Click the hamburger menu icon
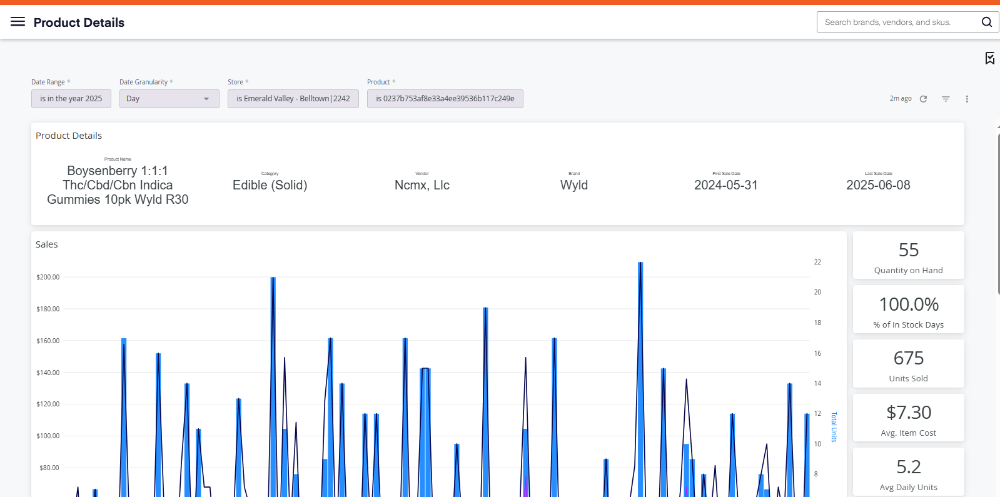[x=18, y=21]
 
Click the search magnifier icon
[x=986, y=22]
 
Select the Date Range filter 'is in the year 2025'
[x=71, y=99]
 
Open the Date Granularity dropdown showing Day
[x=169, y=99]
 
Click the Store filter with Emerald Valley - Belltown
[x=293, y=99]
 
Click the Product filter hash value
[x=445, y=99]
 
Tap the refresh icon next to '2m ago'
[x=923, y=99]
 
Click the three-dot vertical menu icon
[x=967, y=99]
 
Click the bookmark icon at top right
[x=990, y=58]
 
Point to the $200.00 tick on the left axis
[x=48, y=277]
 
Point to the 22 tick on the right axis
[x=817, y=262]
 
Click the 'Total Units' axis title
[x=834, y=427]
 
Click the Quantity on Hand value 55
[x=909, y=250]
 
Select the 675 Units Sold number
[x=909, y=358]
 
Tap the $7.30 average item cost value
[x=909, y=412]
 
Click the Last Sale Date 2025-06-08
[x=878, y=185]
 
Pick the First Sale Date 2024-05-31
[x=726, y=185]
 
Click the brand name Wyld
[x=574, y=185]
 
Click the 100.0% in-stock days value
[x=909, y=304]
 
